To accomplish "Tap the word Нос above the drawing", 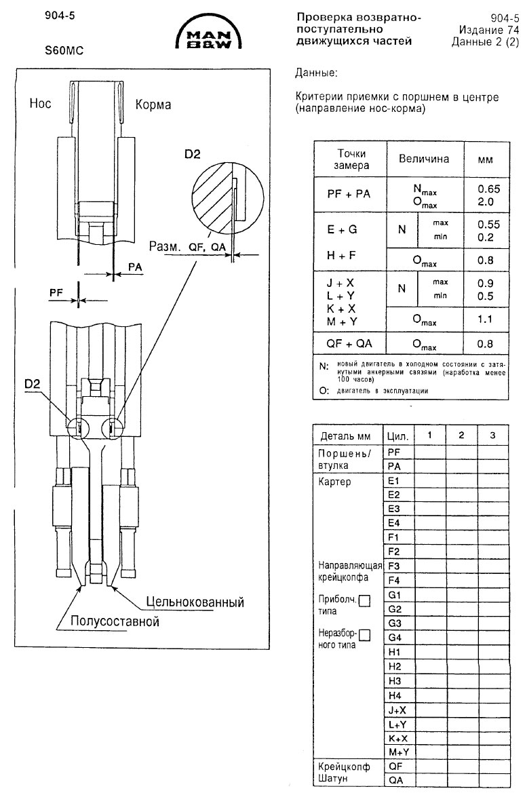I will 40,104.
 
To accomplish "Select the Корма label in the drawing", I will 153,104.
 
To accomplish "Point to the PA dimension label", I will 134,268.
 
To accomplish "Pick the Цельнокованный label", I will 194,602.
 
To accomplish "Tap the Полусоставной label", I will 108,620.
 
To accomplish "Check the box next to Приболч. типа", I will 364,600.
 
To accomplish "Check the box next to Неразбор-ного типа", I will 366,636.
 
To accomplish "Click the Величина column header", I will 423,159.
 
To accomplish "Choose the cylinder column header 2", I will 461,433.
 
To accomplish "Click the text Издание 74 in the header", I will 480,30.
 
